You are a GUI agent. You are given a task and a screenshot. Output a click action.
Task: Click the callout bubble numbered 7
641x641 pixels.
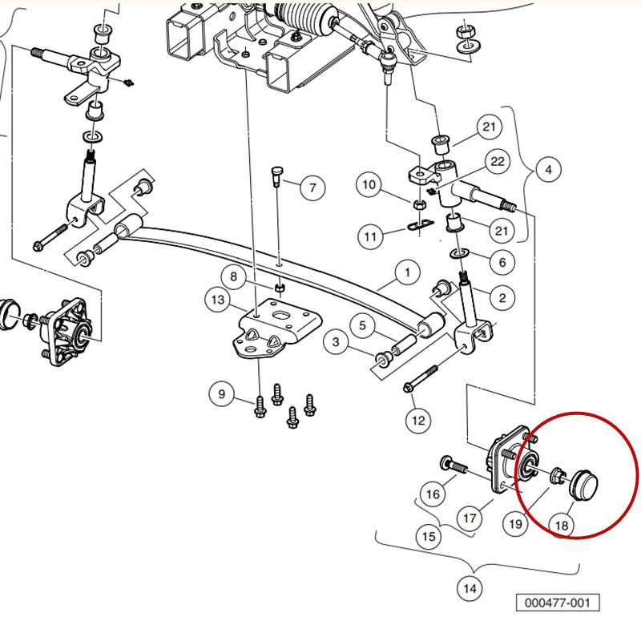[x=312, y=187]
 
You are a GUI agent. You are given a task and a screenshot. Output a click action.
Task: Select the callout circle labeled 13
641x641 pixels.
[x=217, y=300]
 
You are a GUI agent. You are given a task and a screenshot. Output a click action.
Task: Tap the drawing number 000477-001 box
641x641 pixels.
[x=558, y=603]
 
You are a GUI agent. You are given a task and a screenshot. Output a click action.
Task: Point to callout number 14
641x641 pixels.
[x=470, y=589]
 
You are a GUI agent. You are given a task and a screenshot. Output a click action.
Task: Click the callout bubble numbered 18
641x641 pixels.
[x=562, y=525]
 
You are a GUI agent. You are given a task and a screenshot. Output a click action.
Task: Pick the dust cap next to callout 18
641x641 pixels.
[x=584, y=485]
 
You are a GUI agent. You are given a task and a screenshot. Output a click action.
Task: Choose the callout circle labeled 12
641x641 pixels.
[x=418, y=420]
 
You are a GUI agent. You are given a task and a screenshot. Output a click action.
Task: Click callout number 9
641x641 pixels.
[x=222, y=393]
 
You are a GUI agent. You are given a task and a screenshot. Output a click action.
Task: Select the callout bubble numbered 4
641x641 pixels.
[x=548, y=169]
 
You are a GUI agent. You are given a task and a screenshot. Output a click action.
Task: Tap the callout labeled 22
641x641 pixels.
[x=497, y=162]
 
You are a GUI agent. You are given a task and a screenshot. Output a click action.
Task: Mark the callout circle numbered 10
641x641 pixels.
[x=369, y=185]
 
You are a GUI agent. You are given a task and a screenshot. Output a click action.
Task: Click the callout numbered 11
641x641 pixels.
[x=370, y=236]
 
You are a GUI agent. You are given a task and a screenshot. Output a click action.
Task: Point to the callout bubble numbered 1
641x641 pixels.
[x=408, y=272]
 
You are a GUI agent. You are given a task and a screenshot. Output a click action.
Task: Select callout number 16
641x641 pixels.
[x=433, y=494]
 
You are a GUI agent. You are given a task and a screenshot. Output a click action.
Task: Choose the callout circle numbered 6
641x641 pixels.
[x=502, y=262]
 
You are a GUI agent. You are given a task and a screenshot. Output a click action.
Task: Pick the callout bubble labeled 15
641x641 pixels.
[x=429, y=536]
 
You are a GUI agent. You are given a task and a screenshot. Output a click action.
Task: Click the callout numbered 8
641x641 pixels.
[x=233, y=276]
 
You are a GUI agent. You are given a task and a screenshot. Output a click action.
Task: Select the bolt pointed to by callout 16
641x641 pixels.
[x=454, y=466]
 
